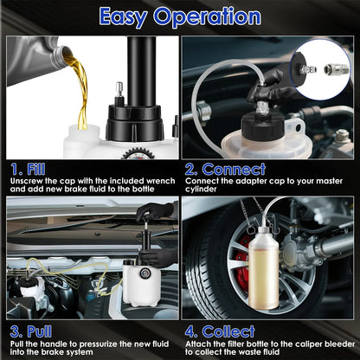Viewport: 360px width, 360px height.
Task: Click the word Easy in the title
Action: pyautogui.click(x=129, y=16)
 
